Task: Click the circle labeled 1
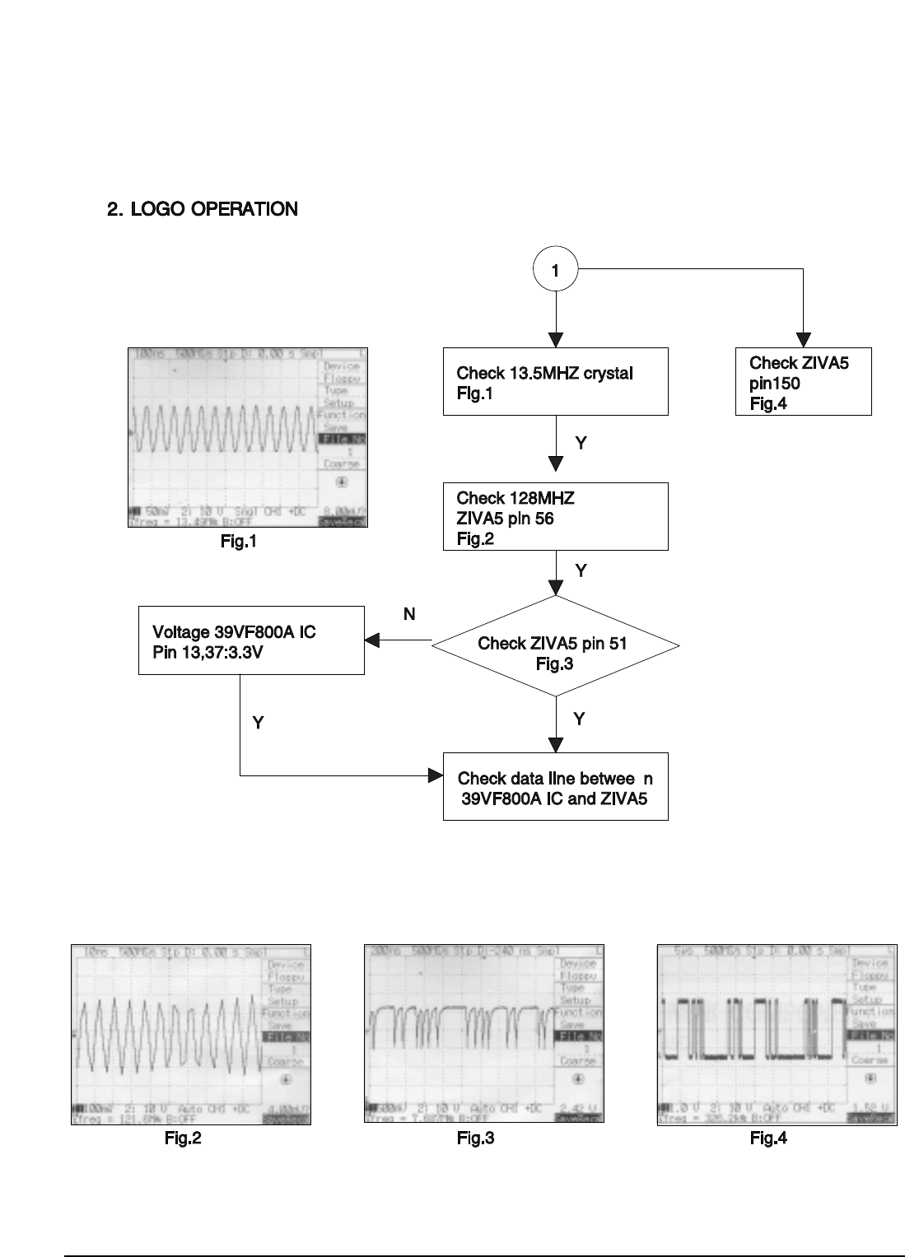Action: pos(556,269)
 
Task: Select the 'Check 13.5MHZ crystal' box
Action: pos(555,381)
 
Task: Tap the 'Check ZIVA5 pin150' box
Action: pos(803,381)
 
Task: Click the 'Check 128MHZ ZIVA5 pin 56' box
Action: pos(555,516)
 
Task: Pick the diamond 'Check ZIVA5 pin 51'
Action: pos(555,653)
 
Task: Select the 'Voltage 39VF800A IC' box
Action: pos(251,640)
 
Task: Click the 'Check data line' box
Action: pos(555,786)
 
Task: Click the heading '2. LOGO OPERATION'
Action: pos(203,209)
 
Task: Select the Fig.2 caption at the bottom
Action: pos(183,1139)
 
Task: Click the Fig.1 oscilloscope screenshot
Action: pos(248,437)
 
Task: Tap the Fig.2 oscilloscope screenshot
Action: pos(191,1034)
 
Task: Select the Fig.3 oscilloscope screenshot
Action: pos(484,1034)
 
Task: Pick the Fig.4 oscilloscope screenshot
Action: pos(777,1034)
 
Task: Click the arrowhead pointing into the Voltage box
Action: pos(372,640)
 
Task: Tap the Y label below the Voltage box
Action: pos(258,723)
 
